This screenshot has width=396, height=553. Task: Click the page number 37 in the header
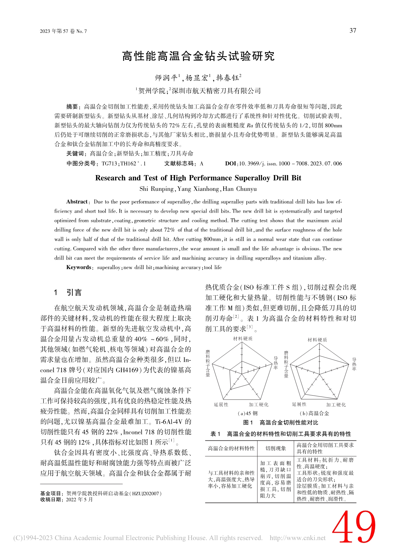click(x=353, y=31)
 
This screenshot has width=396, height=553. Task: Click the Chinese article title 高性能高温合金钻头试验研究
click(x=198, y=56)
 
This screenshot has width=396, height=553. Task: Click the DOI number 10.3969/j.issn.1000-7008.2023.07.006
click(x=290, y=163)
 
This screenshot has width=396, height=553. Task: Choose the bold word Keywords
click(x=79, y=268)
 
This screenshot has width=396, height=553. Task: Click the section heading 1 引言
click(x=68, y=292)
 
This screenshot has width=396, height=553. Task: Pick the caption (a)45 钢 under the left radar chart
click(x=248, y=413)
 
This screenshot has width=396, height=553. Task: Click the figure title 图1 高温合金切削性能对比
click(x=280, y=422)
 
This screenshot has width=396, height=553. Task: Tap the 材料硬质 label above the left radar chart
click(x=243, y=338)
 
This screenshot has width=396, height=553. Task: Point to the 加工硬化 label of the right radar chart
click(x=336, y=405)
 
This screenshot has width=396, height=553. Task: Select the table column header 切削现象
click(x=276, y=448)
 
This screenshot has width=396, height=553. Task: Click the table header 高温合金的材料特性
click(x=231, y=448)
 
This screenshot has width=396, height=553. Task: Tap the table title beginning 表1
click(x=280, y=434)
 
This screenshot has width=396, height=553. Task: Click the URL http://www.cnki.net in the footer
click(x=297, y=538)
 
